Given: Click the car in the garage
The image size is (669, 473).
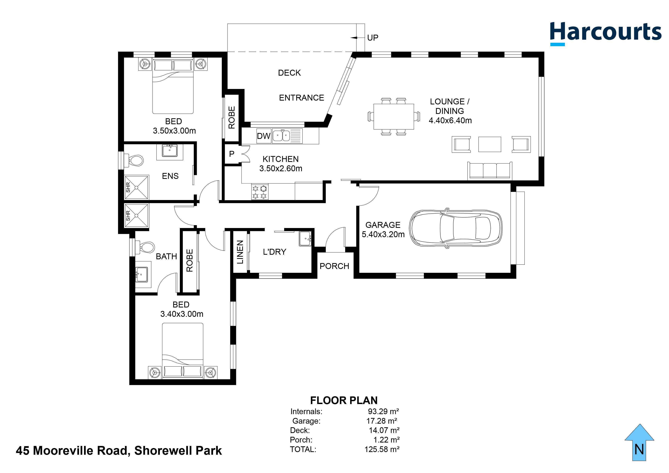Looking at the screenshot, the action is pyautogui.click(x=456, y=228).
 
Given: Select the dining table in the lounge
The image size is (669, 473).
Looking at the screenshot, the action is pyautogui.click(x=394, y=117).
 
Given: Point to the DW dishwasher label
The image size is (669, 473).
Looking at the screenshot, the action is pyautogui.click(x=264, y=136).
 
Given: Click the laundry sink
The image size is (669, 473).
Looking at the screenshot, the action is pyautogui.click(x=305, y=239).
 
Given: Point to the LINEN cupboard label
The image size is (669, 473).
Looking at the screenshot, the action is pyautogui.click(x=240, y=252).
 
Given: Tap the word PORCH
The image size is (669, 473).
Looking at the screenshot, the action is pyautogui.click(x=334, y=266).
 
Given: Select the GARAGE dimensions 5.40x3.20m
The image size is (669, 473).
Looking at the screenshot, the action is pyautogui.click(x=383, y=234).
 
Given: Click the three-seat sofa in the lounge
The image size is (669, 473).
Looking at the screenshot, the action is pyautogui.click(x=490, y=171).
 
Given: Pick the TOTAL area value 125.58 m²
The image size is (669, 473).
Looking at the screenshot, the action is pyautogui.click(x=382, y=449).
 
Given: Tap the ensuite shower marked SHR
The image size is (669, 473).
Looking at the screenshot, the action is pyautogui.click(x=136, y=187).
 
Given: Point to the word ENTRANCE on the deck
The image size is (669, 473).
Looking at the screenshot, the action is pyautogui.click(x=302, y=98).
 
